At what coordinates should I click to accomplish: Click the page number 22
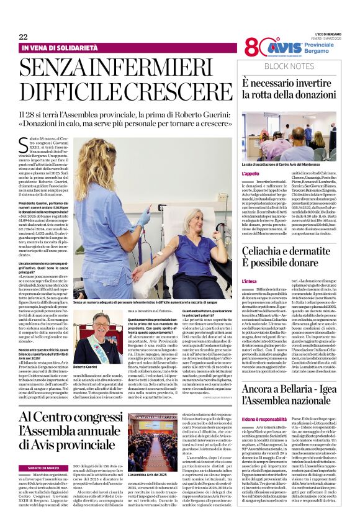(23, 37)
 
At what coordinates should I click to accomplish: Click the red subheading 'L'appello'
(251, 174)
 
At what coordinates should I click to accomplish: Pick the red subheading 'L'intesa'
(250, 281)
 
